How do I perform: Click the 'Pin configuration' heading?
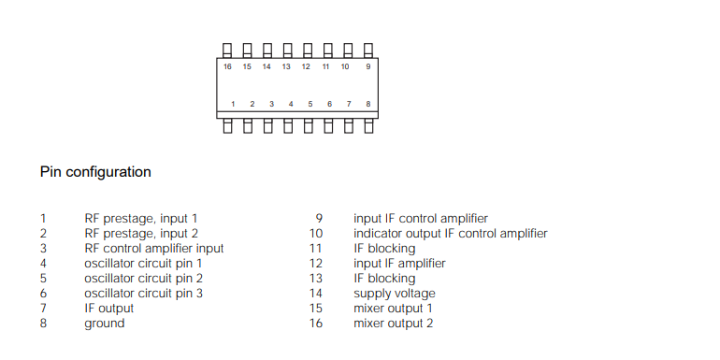pos(95,172)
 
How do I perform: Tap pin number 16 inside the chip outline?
pos(227,66)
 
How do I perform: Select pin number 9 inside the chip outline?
pos(368,66)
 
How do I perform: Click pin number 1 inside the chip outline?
pos(233,104)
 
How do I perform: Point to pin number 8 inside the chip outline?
pos(368,104)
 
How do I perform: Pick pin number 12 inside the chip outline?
pos(306,66)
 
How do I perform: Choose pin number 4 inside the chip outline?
pos(291,104)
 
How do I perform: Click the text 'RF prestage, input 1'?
pos(141,219)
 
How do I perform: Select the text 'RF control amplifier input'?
pos(153,249)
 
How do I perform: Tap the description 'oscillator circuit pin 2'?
pos(143,279)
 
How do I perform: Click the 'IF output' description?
pos(108,309)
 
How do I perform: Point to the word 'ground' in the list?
pos(104,324)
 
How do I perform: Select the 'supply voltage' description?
pos(394,294)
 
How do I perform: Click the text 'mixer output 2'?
pos(393,324)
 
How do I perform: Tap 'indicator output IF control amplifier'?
pos(450,234)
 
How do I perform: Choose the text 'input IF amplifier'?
pos(399,264)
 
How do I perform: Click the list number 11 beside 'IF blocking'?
pos(316,249)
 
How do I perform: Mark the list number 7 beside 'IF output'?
pos(43,309)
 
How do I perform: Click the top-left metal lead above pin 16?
pos(227,50)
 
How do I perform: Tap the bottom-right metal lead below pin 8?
pos(368,125)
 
